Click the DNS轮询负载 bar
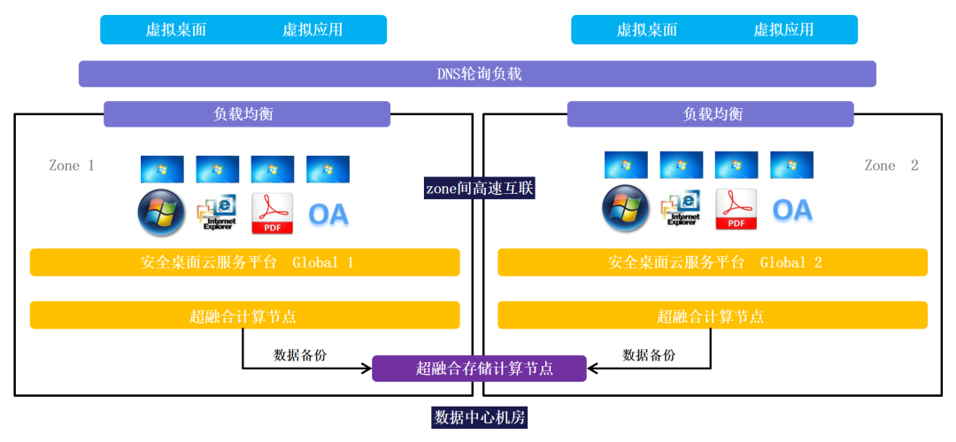click(x=478, y=74)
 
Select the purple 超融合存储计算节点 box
click(x=479, y=368)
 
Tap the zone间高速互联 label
click(x=479, y=188)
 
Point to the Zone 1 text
click(x=72, y=166)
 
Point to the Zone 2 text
click(x=891, y=166)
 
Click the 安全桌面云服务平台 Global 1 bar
click(x=245, y=262)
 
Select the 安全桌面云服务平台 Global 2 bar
click(x=713, y=262)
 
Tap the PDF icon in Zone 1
click(x=273, y=213)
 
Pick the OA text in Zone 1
click(x=328, y=213)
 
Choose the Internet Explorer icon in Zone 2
click(x=681, y=209)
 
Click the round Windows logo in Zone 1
click(x=161, y=213)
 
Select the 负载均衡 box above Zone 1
click(x=247, y=114)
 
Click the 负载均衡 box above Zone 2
click(x=711, y=114)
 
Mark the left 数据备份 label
click(x=300, y=354)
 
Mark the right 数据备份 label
click(x=649, y=354)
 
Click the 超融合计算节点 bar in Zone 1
click(x=245, y=315)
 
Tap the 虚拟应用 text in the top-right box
click(x=783, y=29)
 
